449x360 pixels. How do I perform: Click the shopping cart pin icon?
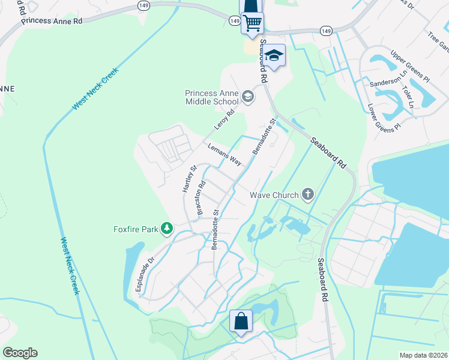(x=253, y=23)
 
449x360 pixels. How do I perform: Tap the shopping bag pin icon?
(x=241, y=320)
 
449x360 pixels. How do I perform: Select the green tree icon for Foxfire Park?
(x=167, y=229)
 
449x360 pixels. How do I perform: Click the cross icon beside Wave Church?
(x=308, y=194)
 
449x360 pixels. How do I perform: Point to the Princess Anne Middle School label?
(x=212, y=98)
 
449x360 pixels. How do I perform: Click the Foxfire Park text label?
(x=136, y=229)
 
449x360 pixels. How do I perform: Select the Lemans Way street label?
(x=224, y=155)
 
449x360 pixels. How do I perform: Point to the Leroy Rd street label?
(x=224, y=120)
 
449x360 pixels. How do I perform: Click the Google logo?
(x=20, y=353)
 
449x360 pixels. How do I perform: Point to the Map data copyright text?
(x=423, y=355)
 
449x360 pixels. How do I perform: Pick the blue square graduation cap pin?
(x=274, y=56)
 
